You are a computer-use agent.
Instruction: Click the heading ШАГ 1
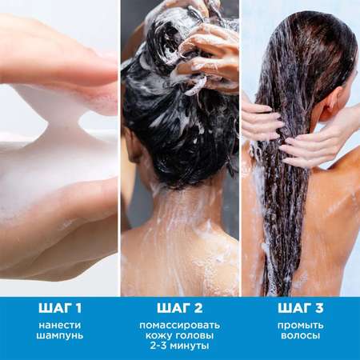pyautogui.click(x=60, y=308)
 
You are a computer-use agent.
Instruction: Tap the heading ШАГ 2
pyautogui.click(x=180, y=308)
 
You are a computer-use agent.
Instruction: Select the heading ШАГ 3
pyautogui.click(x=300, y=308)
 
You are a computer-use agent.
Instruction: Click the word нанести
pyautogui.click(x=60, y=326)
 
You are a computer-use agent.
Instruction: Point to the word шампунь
pyautogui.click(x=60, y=335)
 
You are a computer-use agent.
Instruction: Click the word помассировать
pyautogui.click(x=180, y=326)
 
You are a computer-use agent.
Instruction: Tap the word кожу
pyautogui.click(x=157, y=335)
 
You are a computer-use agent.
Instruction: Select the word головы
pyautogui.click(x=193, y=335)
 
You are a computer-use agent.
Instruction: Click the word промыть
pyautogui.click(x=300, y=326)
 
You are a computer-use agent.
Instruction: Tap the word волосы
pyautogui.click(x=300, y=335)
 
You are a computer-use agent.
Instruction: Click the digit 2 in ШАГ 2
pyautogui.click(x=198, y=308)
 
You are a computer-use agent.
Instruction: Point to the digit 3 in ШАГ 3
pyautogui.click(x=318, y=308)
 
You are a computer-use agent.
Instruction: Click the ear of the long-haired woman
pyautogui.click(x=334, y=103)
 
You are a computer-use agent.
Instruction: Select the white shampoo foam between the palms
pyautogui.click(x=62, y=144)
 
